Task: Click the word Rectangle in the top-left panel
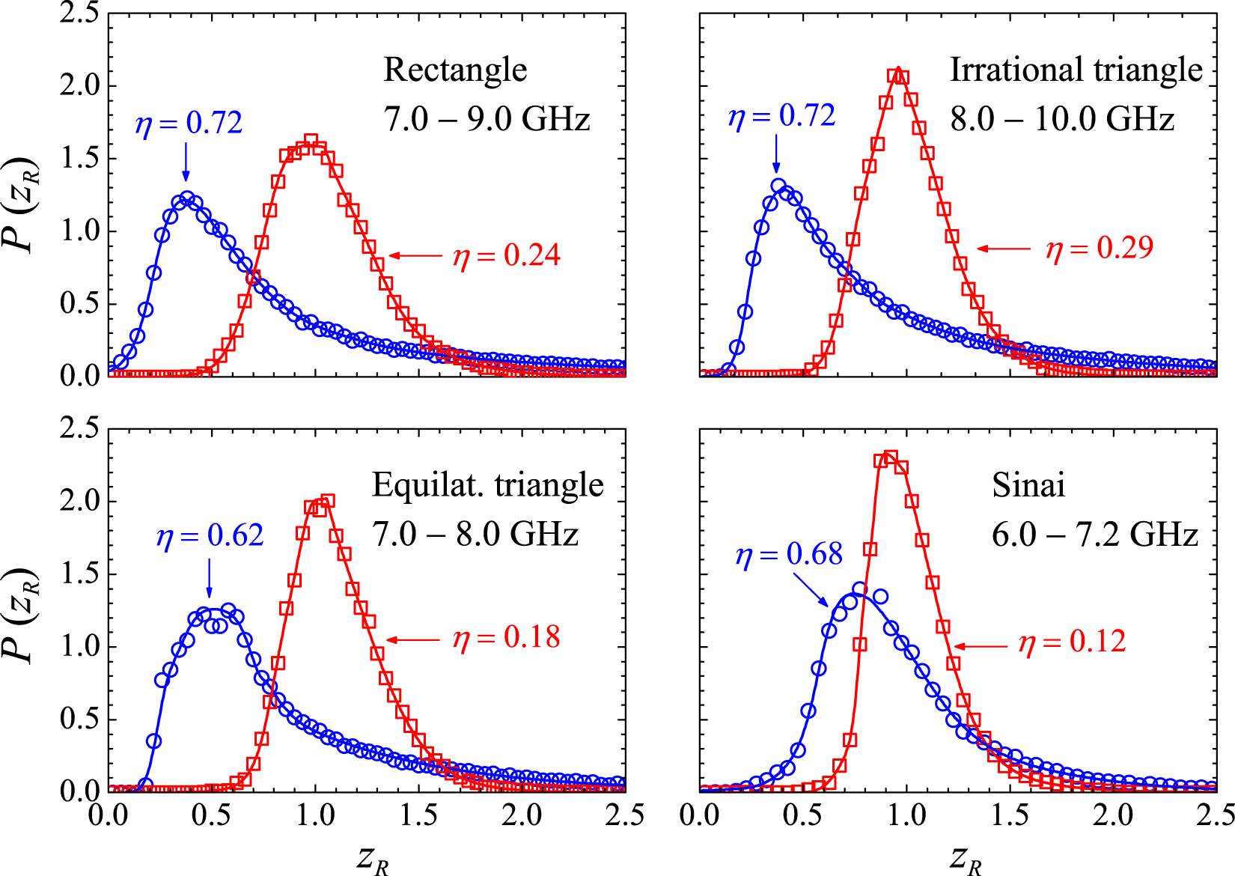[x=455, y=70]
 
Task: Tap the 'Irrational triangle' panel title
[x=1076, y=70]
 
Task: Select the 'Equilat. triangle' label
[x=487, y=485]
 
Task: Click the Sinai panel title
[x=1028, y=485]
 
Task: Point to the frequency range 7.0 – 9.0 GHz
[x=487, y=119]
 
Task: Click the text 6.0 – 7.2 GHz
[x=1094, y=535]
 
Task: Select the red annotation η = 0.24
[x=506, y=256]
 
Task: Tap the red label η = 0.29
[x=1099, y=249]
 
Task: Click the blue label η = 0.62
[x=210, y=536]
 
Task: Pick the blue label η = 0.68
[x=789, y=556]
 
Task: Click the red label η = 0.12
[x=1072, y=642]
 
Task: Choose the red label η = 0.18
[x=506, y=638]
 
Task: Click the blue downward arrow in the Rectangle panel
[x=186, y=162]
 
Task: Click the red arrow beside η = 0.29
[x=1004, y=249]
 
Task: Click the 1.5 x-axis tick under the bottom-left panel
[x=418, y=815]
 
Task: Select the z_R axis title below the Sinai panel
[x=965, y=858]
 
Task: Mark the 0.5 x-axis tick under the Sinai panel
[x=803, y=815]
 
